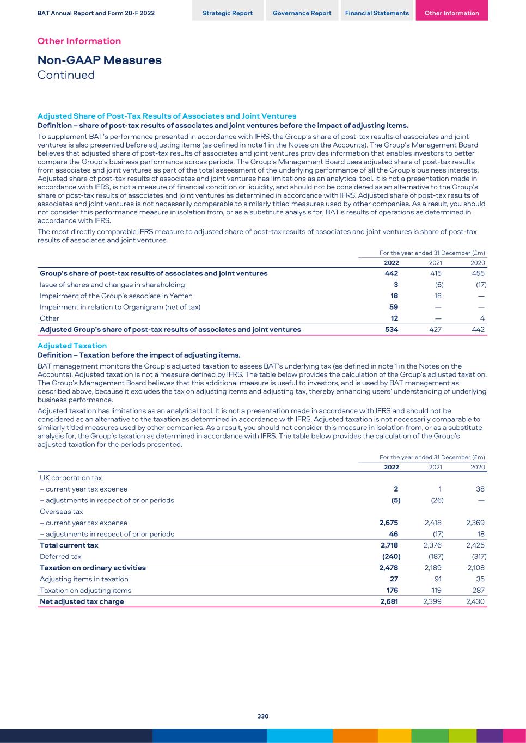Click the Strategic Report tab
pyautogui.click(x=227, y=13)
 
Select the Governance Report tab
pyautogui.click(x=302, y=13)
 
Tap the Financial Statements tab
pyautogui.click(x=377, y=13)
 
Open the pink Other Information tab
pyautogui.click(x=451, y=13)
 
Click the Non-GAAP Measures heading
pyautogui.click(x=99, y=60)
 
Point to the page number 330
pyautogui.click(x=263, y=716)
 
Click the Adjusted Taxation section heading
pyautogui.click(x=72, y=346)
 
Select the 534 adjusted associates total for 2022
pyautogui.click(x=391, y=329)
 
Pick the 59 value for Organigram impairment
pyautogui.click(x=394, y=307)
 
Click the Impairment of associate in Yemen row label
pyautogui.click(x=116, y=296)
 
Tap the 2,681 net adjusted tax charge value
pyautogui.click(x=389, y=601)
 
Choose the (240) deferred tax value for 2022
pyautogui.click(x=390, y=556)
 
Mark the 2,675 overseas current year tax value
pyautogui.click(x=388, y=523)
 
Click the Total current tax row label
pyautogui.click(x=69, y=545)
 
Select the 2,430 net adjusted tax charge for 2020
pyautogui.click(x=475, y=601)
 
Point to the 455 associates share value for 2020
pyautogui.click(x=478, y=273)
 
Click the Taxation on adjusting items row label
pyautogui.click(x=85, y=590)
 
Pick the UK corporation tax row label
pyautogui.click(x=71, y=478)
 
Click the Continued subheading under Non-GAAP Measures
pyautogui.click(x=66, y=75)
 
